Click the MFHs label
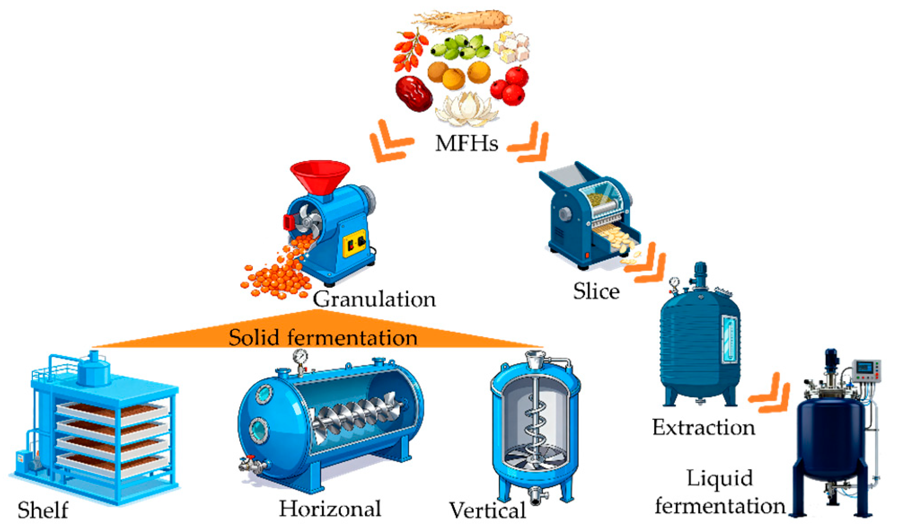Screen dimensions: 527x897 pos(466,144)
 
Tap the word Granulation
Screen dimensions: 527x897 pos(374,299)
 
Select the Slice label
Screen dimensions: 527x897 pos(596,291)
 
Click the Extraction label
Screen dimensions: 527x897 pos(704,427)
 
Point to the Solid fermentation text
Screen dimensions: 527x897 pos(323,338)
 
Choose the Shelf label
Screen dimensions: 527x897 pos(43,510)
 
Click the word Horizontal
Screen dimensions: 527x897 pos(330,509)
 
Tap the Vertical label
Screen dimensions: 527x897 pos(488,510)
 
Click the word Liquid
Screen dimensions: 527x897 pos(720,479)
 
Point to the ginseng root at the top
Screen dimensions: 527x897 pos(462,20)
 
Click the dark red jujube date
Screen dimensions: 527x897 pos(413,93)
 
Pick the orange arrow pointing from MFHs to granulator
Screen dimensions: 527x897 pos(390,141)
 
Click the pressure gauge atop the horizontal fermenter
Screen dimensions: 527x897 pos(300,358)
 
